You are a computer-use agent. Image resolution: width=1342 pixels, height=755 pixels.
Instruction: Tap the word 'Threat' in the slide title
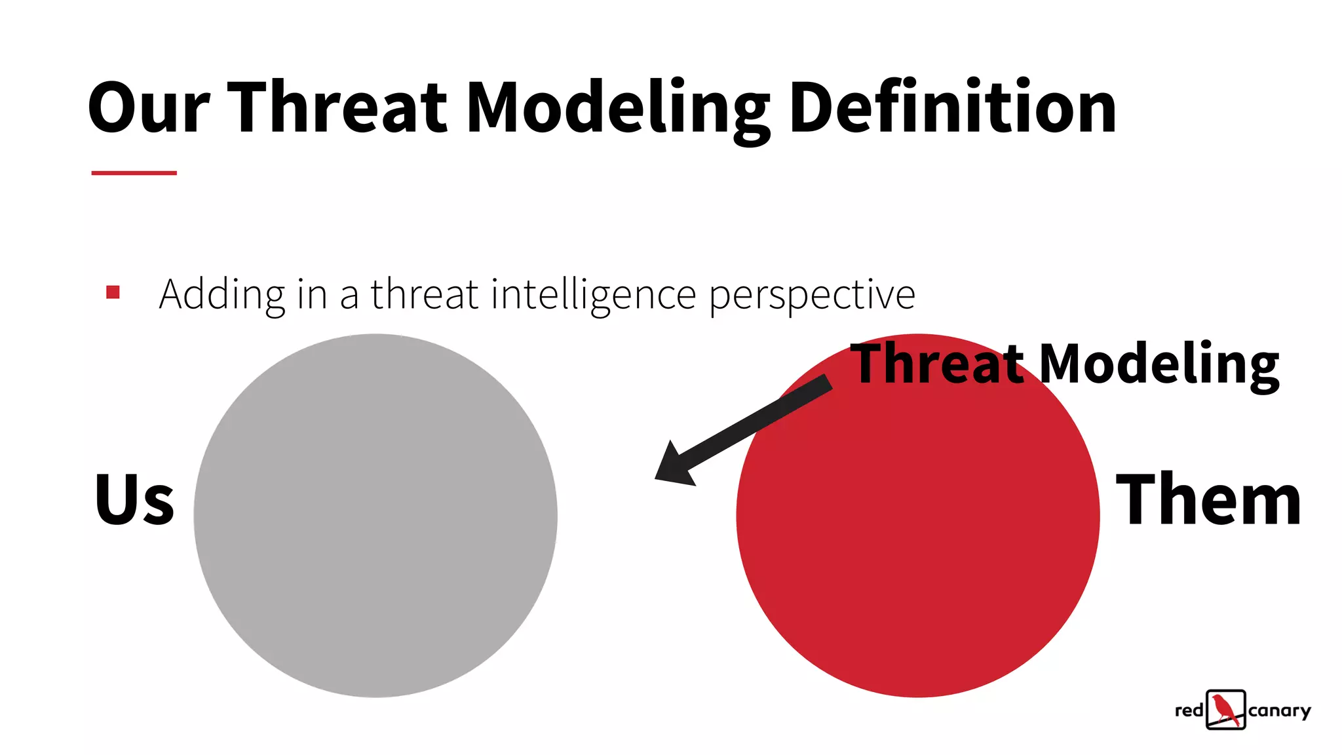click(337, 108)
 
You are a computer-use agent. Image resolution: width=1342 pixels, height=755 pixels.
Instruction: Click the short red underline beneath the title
click(134, 173)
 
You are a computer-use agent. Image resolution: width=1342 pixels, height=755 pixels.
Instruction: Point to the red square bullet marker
click(113, 292)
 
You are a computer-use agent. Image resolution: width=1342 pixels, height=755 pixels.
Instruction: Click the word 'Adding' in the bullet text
click(221, 296)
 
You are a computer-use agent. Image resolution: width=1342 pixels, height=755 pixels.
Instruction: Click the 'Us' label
click(134, 500)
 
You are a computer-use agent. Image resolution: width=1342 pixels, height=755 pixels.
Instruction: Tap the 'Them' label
click(1208, 500)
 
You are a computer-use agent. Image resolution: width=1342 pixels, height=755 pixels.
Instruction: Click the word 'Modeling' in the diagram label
click(1159, 364)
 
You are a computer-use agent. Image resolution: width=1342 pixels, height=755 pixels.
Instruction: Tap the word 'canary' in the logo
click(1279, 711)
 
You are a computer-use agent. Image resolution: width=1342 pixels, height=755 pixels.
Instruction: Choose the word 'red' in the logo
click(1189, 711)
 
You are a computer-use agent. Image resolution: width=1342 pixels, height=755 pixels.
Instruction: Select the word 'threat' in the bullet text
click(425, 294)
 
